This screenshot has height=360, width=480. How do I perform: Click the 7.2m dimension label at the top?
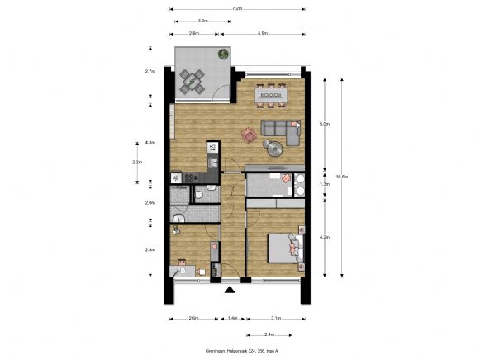pos(237,8)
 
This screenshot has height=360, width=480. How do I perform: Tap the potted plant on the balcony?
pos(221,53)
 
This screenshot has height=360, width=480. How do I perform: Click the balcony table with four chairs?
pos(192,81)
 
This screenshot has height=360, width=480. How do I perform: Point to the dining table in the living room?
pos(271,95)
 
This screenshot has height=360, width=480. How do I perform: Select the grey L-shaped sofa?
pos(281,128)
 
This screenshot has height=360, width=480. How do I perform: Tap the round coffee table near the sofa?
pos(273,147)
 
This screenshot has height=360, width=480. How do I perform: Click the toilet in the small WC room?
pos(201,195)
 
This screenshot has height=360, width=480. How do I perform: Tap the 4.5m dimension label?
pos(262,34)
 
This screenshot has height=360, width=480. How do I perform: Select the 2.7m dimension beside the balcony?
pos(150,72)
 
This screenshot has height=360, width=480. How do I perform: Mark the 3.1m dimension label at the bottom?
pos(276,318)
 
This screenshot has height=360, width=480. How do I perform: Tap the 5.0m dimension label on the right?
pos(324,124)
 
